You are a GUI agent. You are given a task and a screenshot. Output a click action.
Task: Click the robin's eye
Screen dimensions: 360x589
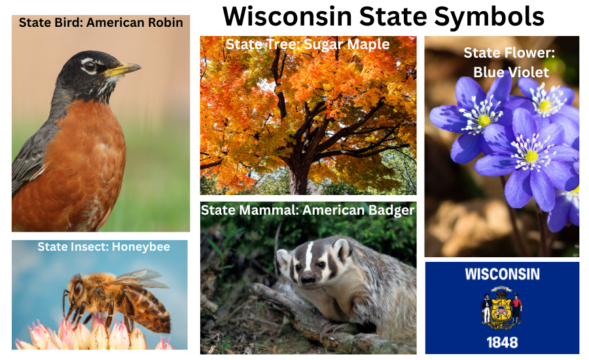click(90, 66)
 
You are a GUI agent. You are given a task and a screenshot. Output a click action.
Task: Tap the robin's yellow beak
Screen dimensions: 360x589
click(124, 68)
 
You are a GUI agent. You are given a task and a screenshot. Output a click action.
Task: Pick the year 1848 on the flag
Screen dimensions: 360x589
click(502, 342)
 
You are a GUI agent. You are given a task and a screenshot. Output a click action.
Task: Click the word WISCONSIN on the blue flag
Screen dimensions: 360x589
click(502, 274)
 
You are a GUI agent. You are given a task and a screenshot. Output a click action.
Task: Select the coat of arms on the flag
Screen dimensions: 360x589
click(502, 308)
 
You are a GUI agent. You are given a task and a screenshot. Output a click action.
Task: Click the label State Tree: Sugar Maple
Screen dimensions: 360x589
click(308, 45)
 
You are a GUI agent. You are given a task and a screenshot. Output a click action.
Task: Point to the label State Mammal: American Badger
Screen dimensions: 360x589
click(308, 210)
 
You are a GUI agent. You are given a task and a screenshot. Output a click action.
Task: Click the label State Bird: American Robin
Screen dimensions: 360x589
click(101, 23)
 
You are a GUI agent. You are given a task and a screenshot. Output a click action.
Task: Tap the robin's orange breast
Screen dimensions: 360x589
click(79, 157)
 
